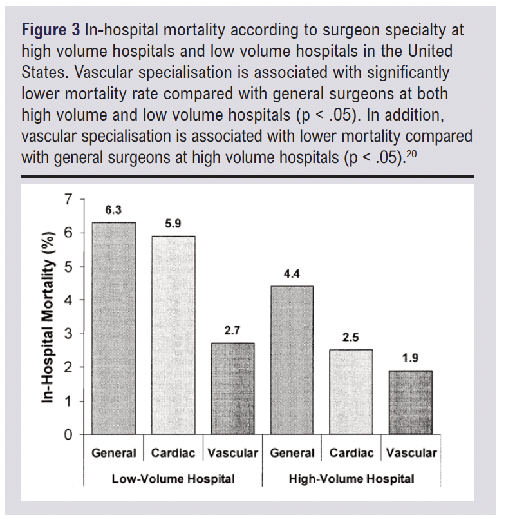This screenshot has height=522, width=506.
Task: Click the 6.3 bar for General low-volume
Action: click(x=114, y=328)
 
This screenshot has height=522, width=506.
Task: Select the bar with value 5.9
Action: click(x=173, y=335)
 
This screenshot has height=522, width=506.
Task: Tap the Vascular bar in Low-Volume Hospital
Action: click(x=232, y=389)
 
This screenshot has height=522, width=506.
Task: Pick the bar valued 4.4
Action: click(x=292, y=360)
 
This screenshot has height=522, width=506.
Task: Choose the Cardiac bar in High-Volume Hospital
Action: click(x=351, y=392)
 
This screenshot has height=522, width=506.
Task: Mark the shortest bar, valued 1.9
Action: click(x=411, y=402)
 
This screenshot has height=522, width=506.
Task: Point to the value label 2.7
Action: click(x=232, y=331)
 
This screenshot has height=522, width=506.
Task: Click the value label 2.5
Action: click(x=351, y=338)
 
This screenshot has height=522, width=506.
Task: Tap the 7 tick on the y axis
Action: click(x=68, y=199)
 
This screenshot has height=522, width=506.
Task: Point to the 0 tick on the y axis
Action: click(x=68, y=434)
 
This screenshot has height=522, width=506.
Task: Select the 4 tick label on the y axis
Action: click(x=68, y=300)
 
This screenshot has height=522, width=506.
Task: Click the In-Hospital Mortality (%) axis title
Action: click(x=48, y=317)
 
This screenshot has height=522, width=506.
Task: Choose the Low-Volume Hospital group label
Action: click(x=173, y=479)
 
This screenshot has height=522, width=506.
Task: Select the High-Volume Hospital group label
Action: click(x=351, y=479)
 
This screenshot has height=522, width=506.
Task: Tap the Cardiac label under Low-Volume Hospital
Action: click(x=173, y=453)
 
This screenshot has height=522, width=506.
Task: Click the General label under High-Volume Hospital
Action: click(x=292, y=453)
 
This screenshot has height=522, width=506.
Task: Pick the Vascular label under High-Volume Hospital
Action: click(x=411, y=453)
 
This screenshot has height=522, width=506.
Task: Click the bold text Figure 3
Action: click(x=50, y=30)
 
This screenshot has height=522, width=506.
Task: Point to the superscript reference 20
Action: click(x=411, y=154)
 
